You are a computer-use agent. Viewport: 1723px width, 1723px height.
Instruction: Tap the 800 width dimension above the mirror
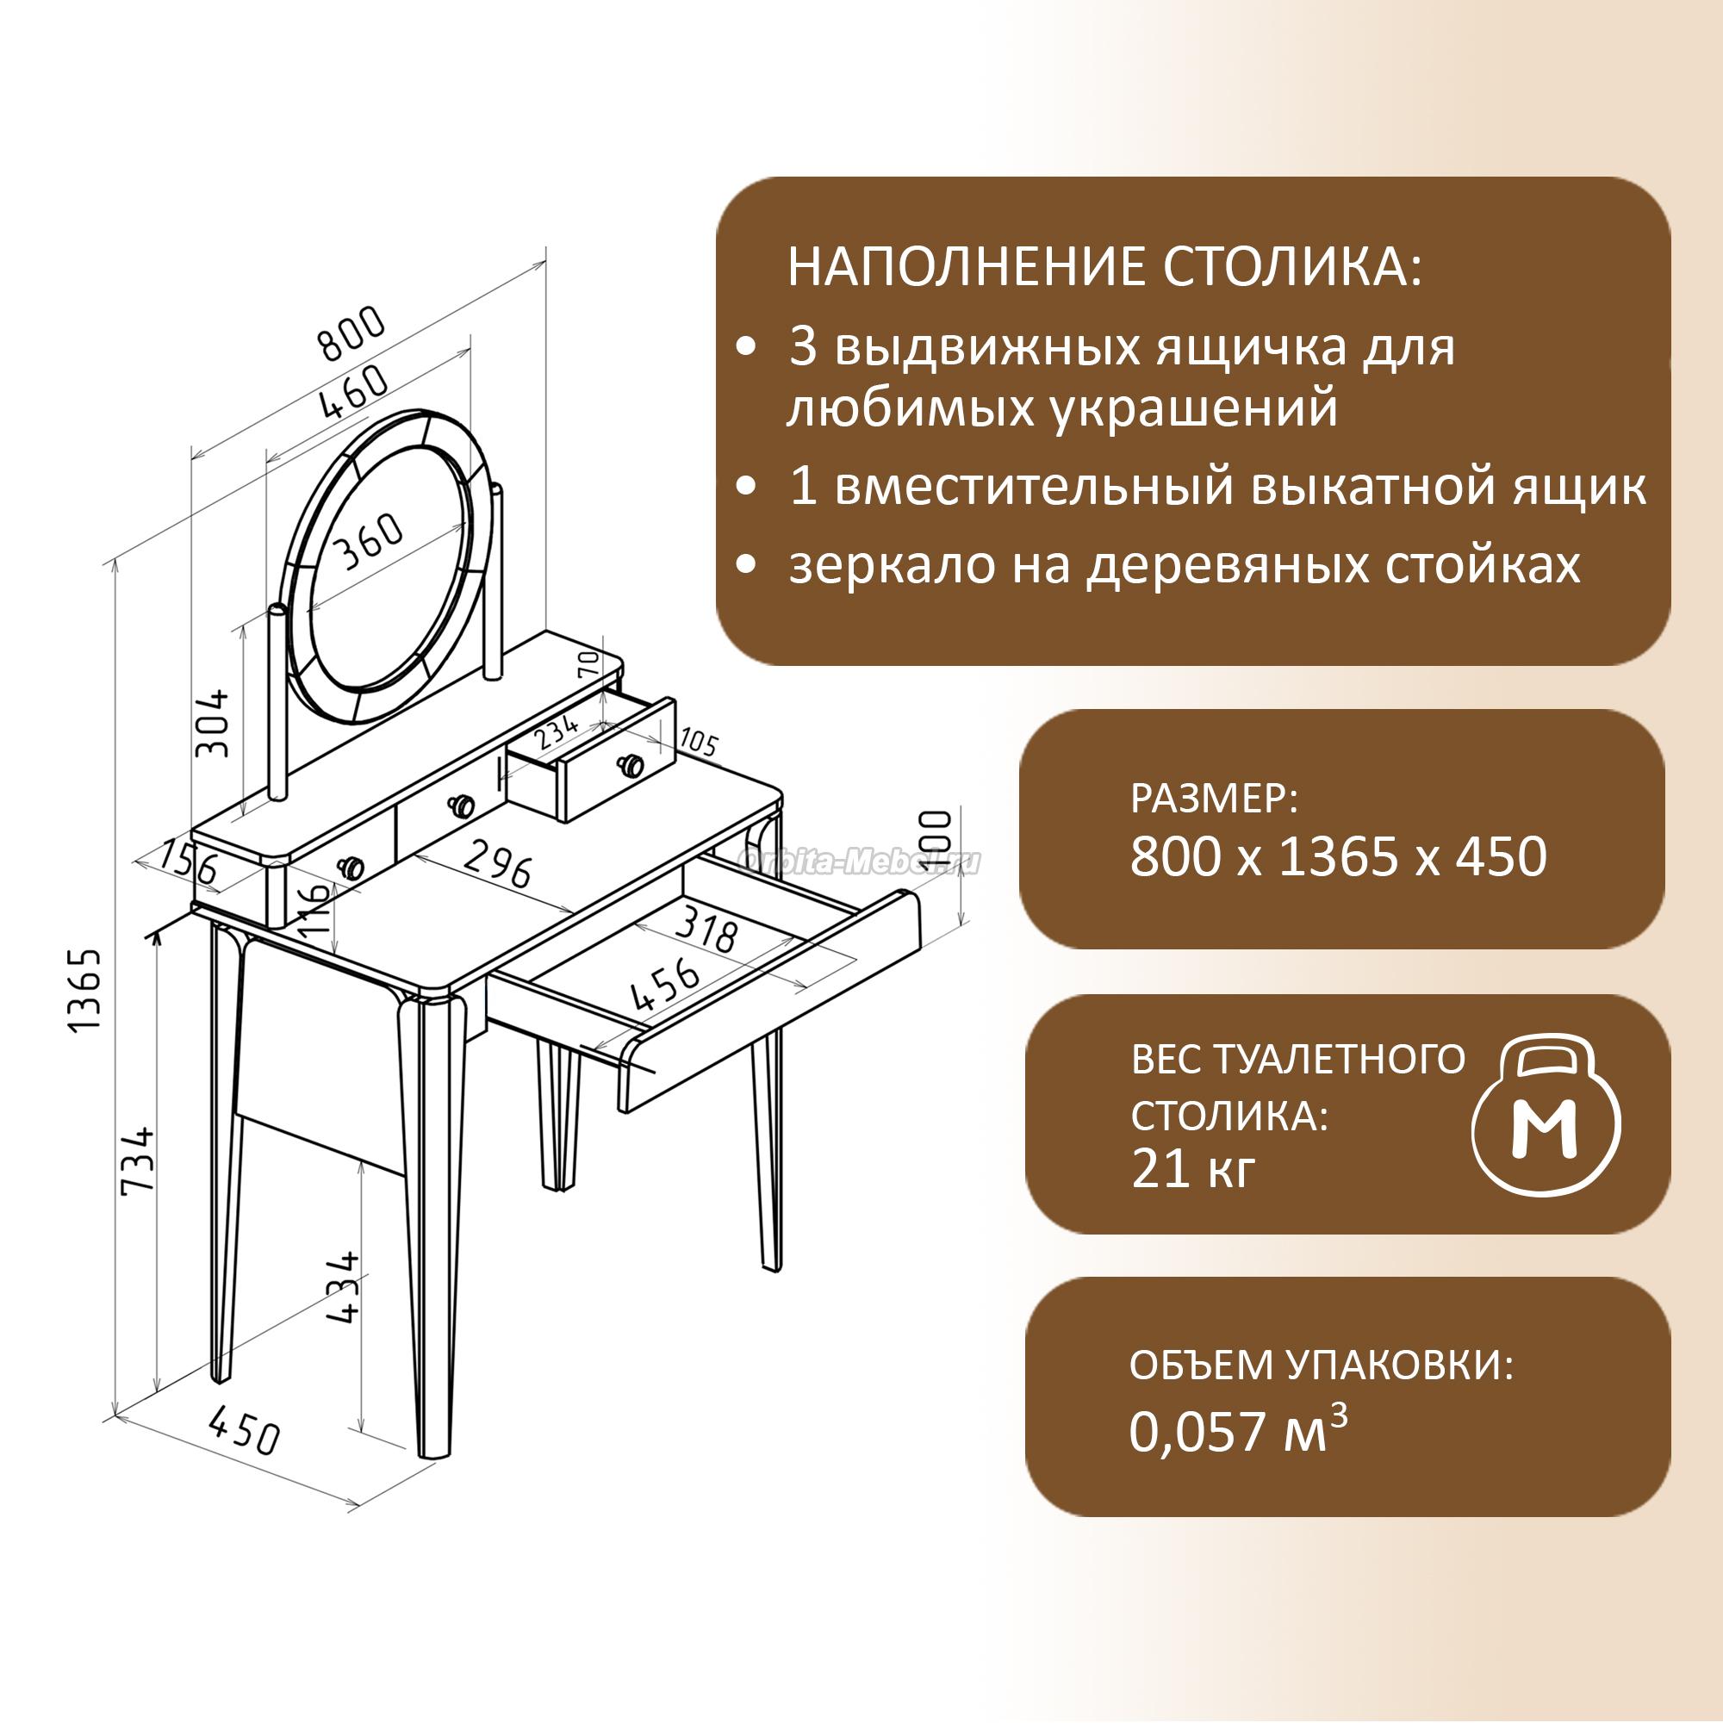(x=353, y=333)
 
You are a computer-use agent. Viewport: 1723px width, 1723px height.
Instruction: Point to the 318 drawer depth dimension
(x=706, y=929)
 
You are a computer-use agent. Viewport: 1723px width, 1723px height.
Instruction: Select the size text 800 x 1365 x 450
(x=1339, y=857)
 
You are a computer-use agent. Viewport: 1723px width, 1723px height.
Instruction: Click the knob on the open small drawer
(x=632, y=764)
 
